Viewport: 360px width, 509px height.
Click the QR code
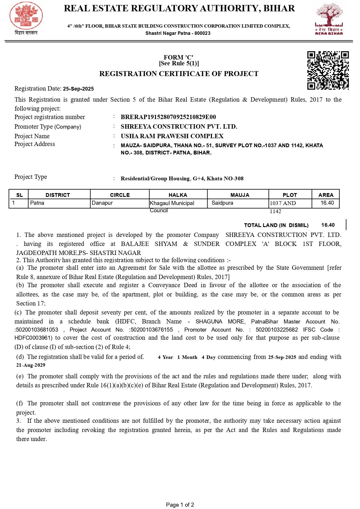click(x=328, y=71)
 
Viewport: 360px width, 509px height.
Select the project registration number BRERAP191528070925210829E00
click(x=168, y=117)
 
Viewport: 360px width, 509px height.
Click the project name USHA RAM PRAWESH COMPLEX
click(x=172, y=136)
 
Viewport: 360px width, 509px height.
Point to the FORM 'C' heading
click(x=179, y=57)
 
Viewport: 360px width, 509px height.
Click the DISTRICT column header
click(x=58, y=195)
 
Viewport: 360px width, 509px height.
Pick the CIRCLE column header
click(x=120, y=195)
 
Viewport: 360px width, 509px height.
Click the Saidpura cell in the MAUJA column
click(x=222, y=203)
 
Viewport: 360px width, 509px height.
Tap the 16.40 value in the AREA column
click(x=327, y=203)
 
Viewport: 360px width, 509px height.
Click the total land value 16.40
click(x=328, y=225)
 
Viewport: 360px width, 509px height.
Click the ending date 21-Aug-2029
click(x=31, y=365)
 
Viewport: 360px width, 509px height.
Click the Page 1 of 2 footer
click(x=180, y=505)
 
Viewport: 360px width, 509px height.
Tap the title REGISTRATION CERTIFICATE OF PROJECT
click(x=179, y=74)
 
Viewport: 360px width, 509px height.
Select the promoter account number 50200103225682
click(x=277, y=330)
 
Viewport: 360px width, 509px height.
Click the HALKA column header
click(x=178, y=195)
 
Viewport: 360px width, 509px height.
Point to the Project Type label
click(x=31, y=177)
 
